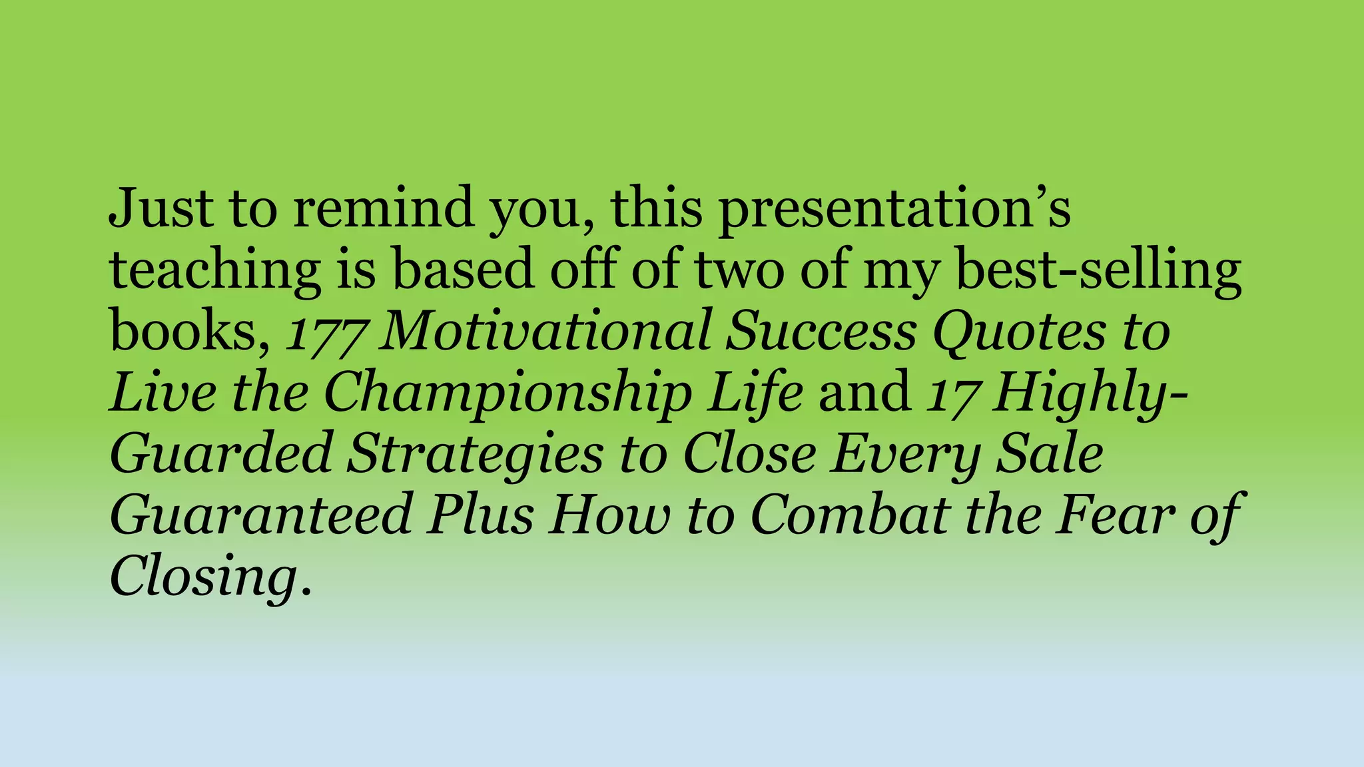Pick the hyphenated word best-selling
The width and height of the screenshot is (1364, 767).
pos(1099,272)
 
